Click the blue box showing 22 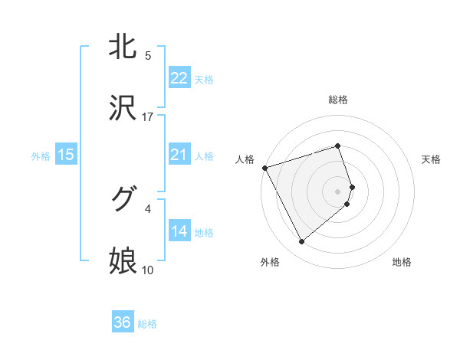click(x=179, y=78)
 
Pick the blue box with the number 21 click(x=179, y=155)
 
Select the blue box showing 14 click(x=179, y=231)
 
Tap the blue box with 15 click(x=66, y=155)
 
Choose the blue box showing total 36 click(x=123, y=322)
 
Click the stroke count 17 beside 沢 click(x=148, y=117)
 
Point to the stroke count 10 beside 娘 click(x=148, y=270)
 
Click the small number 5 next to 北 click(x=148, y=56)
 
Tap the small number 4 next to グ click(x=148, y=208)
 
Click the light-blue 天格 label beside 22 click(x=204, y=80)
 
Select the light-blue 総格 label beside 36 click(x=147, y=324)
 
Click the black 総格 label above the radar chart click(x=338, y=100)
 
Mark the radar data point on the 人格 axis click(x=264, y=167)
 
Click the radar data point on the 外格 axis click(x=301, y=242)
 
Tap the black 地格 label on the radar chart click(x=402, y=262)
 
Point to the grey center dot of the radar click(x=338, y=191)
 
